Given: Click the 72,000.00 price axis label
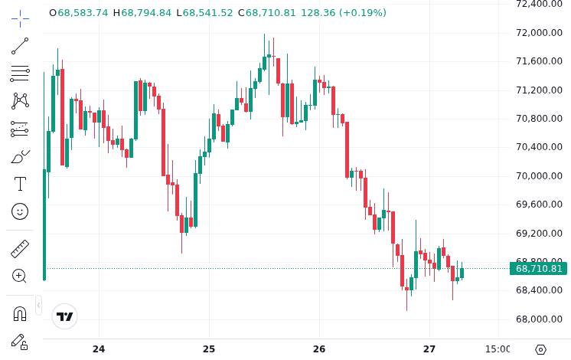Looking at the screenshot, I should click(x=539, y=32).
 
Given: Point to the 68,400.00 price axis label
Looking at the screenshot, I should click(x=539, y=290).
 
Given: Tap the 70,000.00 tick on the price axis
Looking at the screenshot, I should click(x=539, y=175).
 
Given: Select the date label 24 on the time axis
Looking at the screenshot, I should click(x=99, y=349).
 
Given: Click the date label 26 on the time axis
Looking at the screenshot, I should click(x=319, y=349).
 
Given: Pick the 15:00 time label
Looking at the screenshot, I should click(x=498, y=349).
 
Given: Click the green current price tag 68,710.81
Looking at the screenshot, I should click(x=539, y=268).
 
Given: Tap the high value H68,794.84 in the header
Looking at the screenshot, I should click(x=142, y=13).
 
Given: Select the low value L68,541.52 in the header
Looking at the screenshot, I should click(x=204, y=13).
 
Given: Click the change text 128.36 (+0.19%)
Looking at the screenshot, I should click(x=343, y=13).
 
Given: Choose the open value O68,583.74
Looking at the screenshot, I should click(x=78, y=13).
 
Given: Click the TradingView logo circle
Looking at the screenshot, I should click(x=65, y=316).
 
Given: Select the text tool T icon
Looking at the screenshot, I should click(x=20, y=184).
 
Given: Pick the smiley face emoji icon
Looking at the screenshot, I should click(x=20, y=211).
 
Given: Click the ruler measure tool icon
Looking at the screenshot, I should click(x=20, y=248).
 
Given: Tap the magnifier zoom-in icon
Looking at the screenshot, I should click(x=20, y=276).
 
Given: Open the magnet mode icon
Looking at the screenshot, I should click(x=20, y=313).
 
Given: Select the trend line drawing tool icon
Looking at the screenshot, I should click(x=20, y=46).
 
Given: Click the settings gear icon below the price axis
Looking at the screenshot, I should click(x=540, y=349).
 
